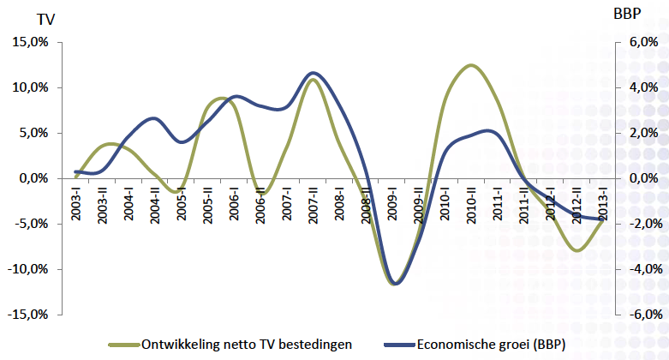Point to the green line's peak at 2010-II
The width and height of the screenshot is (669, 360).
point(471,65)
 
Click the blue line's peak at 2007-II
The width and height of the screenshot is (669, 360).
point(314,73)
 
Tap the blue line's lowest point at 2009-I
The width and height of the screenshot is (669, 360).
point(395,284)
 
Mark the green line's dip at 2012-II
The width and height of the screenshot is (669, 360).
point(577,251)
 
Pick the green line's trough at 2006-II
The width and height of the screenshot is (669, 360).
point(262,195)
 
